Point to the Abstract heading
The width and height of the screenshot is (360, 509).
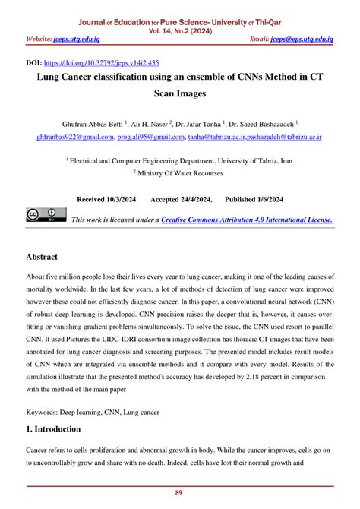click(47, 257)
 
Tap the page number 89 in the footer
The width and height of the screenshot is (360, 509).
click(179, 492)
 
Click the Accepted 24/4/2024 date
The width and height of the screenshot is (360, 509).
click(181, 198)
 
